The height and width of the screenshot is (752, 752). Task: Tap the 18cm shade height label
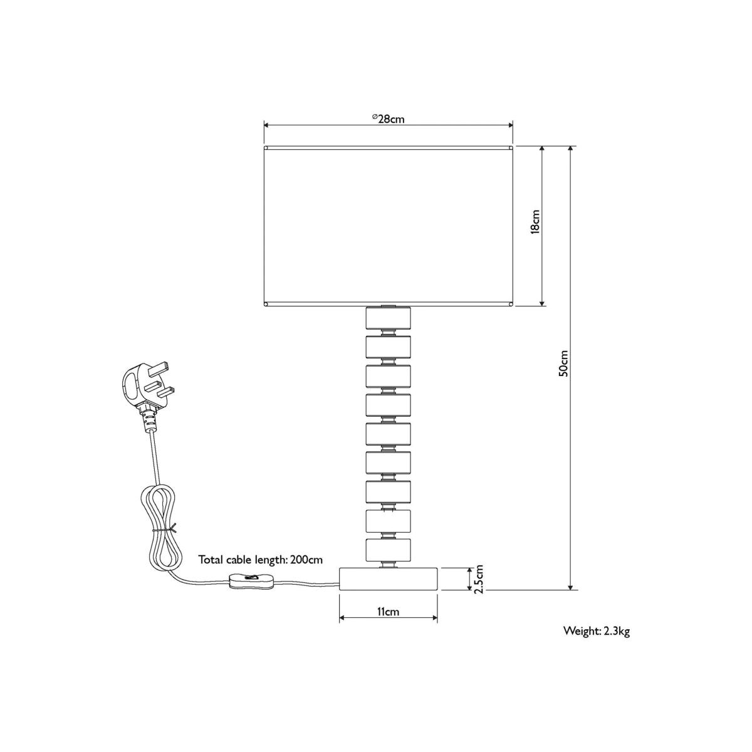tap(535, 222)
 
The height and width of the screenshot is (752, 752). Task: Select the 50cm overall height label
tap(563, 363)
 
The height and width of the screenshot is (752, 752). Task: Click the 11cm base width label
tap(389, 611)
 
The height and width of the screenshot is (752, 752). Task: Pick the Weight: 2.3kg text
tap(597, 642)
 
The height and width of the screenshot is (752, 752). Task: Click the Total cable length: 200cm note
tap(261, 560)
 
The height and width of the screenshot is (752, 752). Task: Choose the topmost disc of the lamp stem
tap(389, 318)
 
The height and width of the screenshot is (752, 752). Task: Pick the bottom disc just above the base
tap(389, 550)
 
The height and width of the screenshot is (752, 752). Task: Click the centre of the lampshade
tap(389, 226)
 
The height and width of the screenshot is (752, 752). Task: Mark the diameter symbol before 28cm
tap(374, 117)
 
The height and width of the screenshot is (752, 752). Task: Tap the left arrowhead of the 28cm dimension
tap(267, 125)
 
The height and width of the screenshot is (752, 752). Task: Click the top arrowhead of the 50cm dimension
tap(571, 149)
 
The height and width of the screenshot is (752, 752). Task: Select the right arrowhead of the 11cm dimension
tap(434, 618)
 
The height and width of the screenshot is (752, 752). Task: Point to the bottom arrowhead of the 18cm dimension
tap(541, 303)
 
